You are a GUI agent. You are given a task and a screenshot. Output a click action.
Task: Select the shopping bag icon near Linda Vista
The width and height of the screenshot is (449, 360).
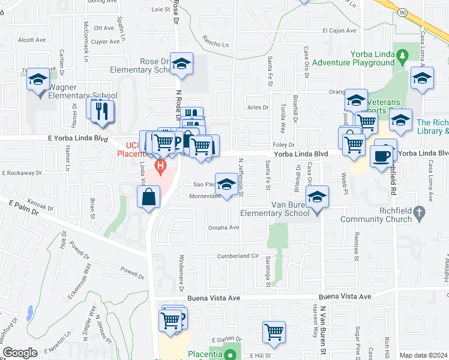point(148,196)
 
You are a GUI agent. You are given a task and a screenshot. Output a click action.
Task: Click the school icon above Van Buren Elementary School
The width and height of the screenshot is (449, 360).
point(317,196)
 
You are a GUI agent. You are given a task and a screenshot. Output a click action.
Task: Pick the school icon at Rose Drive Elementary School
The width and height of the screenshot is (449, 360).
point(181,64)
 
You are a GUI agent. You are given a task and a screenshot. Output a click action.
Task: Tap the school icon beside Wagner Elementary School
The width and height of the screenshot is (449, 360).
point(38,79)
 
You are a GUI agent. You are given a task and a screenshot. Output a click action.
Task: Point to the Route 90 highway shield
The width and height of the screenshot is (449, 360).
point(402,12)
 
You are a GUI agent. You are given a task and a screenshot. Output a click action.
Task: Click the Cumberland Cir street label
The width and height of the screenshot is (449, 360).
point(237,256)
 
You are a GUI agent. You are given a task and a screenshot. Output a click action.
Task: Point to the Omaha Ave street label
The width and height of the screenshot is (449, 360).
point(223,227)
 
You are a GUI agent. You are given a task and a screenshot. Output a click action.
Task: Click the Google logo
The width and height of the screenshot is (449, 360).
point(20,353)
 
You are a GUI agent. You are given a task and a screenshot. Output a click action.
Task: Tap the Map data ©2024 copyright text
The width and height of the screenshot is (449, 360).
point(423,355)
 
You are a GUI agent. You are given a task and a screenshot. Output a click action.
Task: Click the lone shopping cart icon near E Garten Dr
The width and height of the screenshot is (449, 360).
point(274,331)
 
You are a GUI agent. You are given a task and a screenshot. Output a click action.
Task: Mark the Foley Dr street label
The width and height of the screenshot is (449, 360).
point(284,145)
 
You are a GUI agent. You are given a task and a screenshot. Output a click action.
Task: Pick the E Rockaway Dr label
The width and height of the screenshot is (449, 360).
point(22,173)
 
